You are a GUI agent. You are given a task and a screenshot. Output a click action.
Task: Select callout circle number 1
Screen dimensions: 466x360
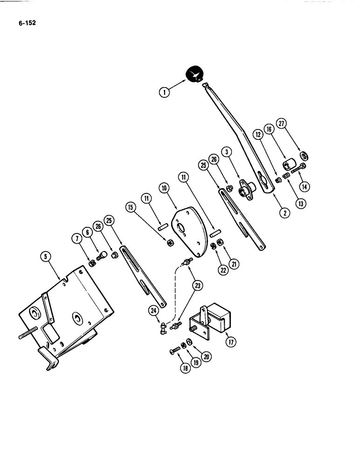point(164,93)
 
